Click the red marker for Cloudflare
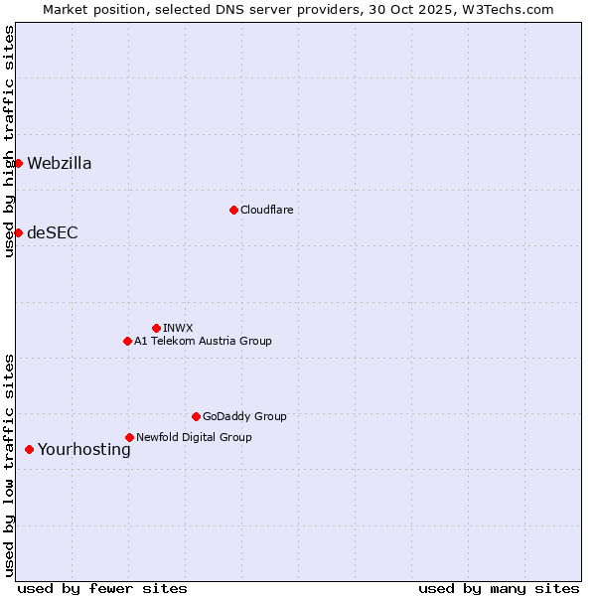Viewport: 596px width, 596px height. (233, 210)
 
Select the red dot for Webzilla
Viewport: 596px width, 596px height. (18, 163)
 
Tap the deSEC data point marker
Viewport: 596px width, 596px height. (18, 232)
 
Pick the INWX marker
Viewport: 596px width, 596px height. (156, 328)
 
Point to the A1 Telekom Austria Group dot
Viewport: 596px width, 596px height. (127, 341)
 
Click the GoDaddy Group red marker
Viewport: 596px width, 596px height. (196, 416)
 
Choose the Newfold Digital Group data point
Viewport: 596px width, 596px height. (129, 437)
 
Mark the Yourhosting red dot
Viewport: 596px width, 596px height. (29, 449)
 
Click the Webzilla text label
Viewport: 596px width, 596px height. (60, 164)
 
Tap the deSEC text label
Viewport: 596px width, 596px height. (53, 233)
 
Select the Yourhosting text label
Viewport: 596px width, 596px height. (84, 450)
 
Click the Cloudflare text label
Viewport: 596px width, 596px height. (267, 211)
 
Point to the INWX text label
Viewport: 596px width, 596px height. (179, 329)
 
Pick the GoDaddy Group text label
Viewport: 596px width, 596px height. (244, 417)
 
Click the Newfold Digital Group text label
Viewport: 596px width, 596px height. (194, 438)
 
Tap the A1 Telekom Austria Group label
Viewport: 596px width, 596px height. (203, 342)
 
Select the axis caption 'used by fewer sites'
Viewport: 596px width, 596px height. (102, 589)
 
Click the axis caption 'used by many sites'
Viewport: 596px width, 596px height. (499, 589)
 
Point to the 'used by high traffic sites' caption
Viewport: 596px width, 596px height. (9, 141)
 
